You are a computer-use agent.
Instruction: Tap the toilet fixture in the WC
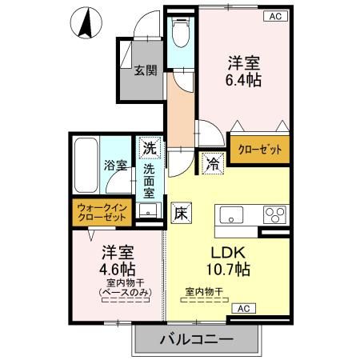click(178, 34)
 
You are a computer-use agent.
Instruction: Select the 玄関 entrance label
click(145, 70)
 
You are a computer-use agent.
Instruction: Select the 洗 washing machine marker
click(149, 147)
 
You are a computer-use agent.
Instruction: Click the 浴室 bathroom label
click(115, 166)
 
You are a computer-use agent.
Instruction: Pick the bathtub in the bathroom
click(85, 166)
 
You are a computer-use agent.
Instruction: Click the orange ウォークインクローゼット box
click(101, 212)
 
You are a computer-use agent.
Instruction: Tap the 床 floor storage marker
click(181, 214)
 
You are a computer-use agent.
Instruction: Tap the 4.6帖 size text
click(117, 268)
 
